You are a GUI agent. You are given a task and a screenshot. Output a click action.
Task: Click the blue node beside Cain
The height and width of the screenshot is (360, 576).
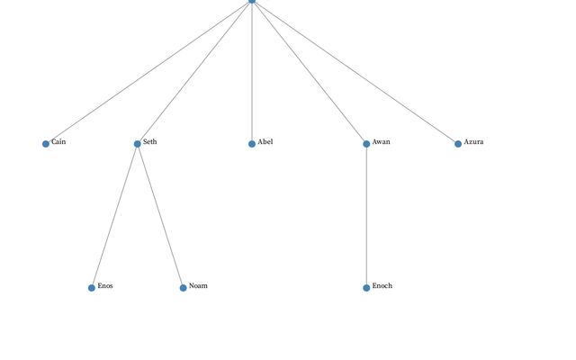46,144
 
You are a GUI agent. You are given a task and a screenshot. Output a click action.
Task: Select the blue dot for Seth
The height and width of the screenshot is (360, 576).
138,144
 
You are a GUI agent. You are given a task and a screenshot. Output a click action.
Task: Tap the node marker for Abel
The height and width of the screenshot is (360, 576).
252,144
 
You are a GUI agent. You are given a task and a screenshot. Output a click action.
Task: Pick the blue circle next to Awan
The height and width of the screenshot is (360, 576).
366,144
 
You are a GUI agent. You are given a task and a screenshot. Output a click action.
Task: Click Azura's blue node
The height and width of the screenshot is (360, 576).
458,144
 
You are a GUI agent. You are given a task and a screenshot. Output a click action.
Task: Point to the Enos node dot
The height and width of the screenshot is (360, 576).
92,288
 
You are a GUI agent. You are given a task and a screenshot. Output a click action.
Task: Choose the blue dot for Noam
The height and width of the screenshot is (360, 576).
184,288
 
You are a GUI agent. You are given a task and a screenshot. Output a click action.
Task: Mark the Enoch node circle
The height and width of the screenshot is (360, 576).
366,288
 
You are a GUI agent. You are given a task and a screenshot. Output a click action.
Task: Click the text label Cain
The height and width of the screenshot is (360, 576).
58,142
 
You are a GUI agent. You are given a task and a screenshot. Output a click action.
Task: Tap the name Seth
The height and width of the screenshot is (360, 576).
150,142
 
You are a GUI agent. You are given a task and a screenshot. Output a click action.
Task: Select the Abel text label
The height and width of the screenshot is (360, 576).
265,142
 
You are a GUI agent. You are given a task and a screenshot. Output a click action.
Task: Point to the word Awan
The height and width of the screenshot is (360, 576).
382,142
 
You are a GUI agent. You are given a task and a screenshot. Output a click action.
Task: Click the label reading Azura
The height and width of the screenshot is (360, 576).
474,142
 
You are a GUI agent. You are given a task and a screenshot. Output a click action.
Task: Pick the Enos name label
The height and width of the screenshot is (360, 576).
105,286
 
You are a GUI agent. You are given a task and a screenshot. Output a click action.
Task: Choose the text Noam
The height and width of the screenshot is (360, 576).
198,286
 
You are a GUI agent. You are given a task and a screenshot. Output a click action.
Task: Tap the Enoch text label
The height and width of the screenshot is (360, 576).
382,286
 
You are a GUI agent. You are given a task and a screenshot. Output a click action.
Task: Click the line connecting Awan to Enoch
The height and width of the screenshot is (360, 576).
366,216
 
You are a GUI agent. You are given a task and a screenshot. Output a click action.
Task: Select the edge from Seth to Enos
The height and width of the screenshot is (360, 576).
114,216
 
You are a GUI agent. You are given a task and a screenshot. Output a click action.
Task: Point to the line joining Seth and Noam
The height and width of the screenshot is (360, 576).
160,216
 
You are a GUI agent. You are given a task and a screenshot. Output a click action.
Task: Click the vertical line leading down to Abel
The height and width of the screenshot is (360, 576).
252,72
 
